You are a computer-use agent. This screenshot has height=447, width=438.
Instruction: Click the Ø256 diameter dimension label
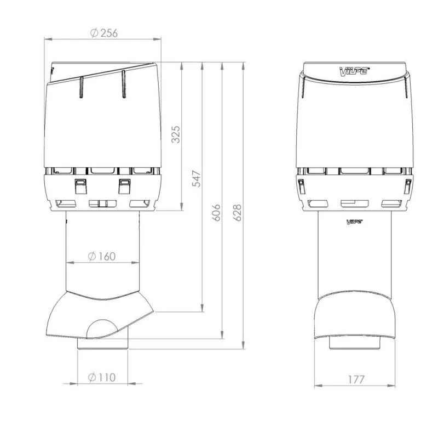tap(104, 33)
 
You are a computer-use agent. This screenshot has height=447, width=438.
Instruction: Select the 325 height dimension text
tap(176, 134)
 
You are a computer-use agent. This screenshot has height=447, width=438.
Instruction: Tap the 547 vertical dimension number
tap(197, 179)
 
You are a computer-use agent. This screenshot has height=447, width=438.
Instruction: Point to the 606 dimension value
tap(216, 212)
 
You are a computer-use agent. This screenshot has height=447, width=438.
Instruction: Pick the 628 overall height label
tap(237, 212)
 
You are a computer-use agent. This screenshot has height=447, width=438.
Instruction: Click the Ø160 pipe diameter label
tap(102, 256)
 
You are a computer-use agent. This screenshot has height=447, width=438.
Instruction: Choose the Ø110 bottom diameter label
tap(102, 377)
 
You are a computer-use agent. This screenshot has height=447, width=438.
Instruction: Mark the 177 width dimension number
tap(356, 380)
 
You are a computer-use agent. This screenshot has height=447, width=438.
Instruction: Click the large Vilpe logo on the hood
tap(354, 71)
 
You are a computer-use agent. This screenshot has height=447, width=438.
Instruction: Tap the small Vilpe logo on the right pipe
tap(354, 222)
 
